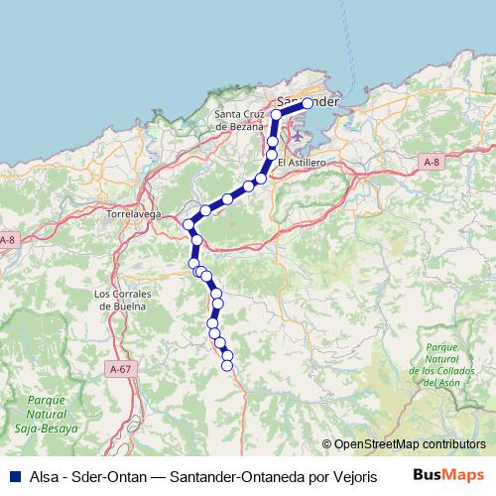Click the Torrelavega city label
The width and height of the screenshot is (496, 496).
tap(133, 213)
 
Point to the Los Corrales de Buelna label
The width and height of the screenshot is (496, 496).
tap(119, 300)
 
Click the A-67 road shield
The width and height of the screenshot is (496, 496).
tap(120, 369)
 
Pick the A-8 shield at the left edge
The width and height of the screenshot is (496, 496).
tap(7, 241)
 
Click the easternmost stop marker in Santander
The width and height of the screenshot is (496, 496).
tap(308, 103)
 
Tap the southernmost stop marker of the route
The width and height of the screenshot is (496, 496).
tap(226, 365)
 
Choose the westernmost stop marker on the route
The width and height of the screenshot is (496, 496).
tap(187, 224)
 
